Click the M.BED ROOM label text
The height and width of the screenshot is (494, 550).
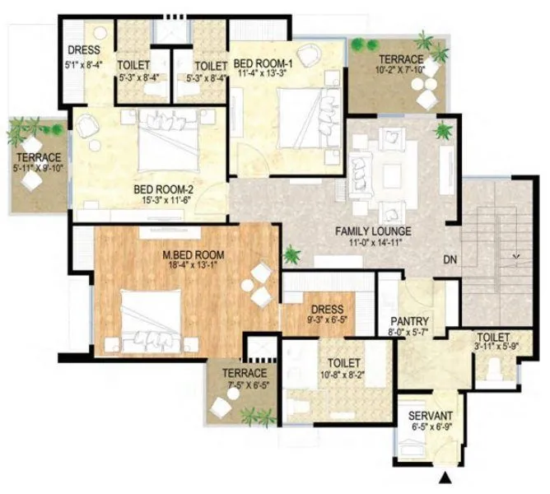tap(193, 255)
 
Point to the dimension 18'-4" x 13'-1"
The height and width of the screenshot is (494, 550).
tap(193, 266)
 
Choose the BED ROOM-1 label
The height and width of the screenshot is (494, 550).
tap(262, 63)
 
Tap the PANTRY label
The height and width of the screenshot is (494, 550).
tap(408, 322)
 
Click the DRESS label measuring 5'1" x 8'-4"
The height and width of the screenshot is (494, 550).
tap(86, 49)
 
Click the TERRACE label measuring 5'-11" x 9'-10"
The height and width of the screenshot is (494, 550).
tap(36, 157)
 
